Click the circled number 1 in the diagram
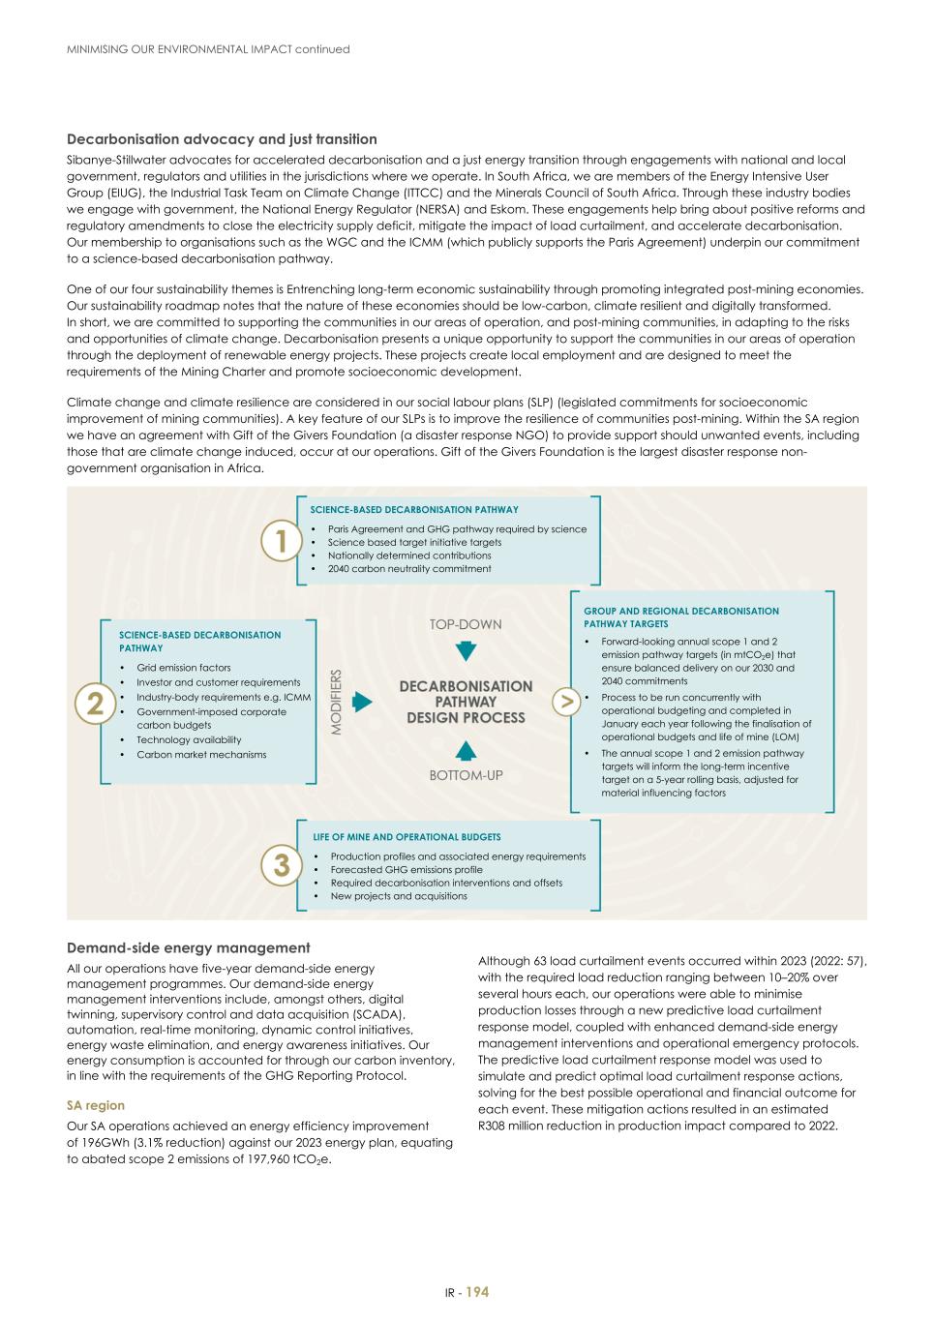281,541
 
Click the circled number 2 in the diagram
95,703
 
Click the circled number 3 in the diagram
281,864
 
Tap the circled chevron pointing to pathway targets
565,702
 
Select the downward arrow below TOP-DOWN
466,650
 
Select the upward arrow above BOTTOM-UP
466,750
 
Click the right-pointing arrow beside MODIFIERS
362,702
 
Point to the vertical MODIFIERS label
337,702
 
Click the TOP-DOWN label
466,625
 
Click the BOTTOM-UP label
466,775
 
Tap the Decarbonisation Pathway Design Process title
466,702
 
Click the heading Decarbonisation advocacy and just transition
222,139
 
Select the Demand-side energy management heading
188,948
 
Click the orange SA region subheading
95,1105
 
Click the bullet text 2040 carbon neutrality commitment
408,569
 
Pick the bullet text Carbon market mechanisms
200,755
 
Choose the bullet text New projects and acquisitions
398,896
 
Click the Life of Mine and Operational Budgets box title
407,837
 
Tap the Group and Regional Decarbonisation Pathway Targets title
680,617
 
